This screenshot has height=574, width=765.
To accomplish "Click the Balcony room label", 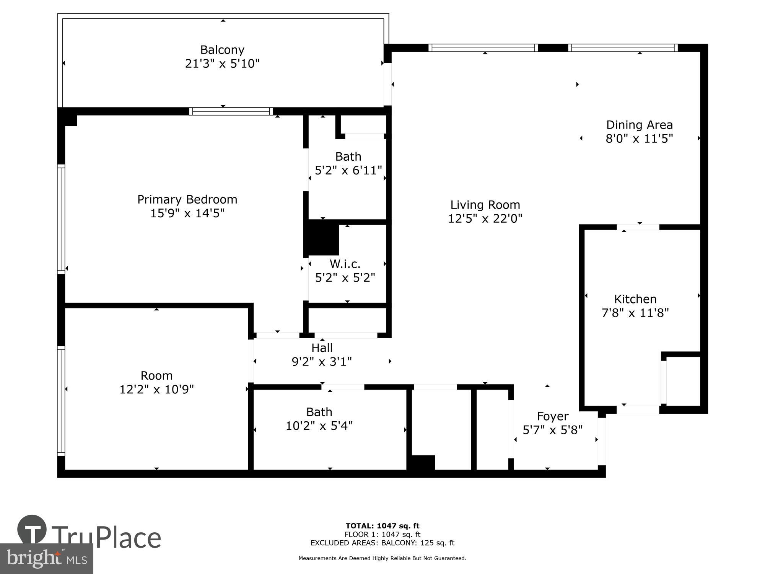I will point(222,50).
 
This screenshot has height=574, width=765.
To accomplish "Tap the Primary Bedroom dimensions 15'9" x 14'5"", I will point(187,213).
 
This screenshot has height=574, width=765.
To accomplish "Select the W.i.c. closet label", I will point(345,264).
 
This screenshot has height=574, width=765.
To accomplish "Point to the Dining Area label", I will point(639,125).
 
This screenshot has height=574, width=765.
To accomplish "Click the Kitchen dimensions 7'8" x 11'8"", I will point(635,313).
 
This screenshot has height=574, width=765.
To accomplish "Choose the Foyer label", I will point(552,416).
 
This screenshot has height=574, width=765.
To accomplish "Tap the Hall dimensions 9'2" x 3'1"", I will point(322,362).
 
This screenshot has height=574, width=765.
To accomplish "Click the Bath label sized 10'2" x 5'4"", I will point(319,412).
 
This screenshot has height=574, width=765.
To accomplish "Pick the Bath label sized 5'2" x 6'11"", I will point(348,157).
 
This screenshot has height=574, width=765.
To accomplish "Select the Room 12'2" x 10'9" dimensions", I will point(156,390).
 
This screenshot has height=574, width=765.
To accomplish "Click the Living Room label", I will point(485,205).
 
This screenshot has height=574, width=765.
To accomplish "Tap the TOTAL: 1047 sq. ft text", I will point(382,526).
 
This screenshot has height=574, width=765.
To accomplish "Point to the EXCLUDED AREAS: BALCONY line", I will point(382,543).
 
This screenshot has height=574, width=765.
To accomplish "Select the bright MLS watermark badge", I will point(46,559).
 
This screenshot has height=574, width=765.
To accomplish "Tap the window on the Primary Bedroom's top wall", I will point(231,111).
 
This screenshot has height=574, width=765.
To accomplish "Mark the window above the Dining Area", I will point(623,48).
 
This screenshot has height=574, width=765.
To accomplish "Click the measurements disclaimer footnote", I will point(382,558).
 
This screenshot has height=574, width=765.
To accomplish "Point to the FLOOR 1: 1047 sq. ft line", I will point(382,534).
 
